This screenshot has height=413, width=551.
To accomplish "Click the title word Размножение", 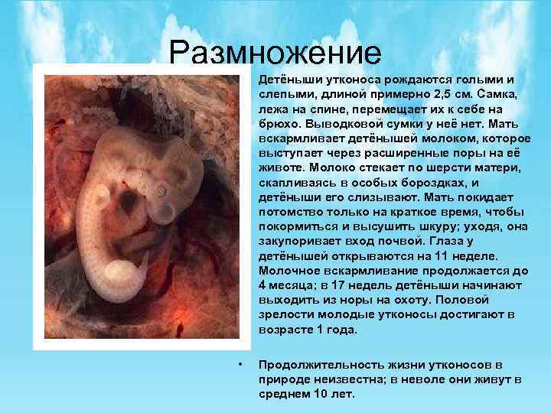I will tap(275, 53).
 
